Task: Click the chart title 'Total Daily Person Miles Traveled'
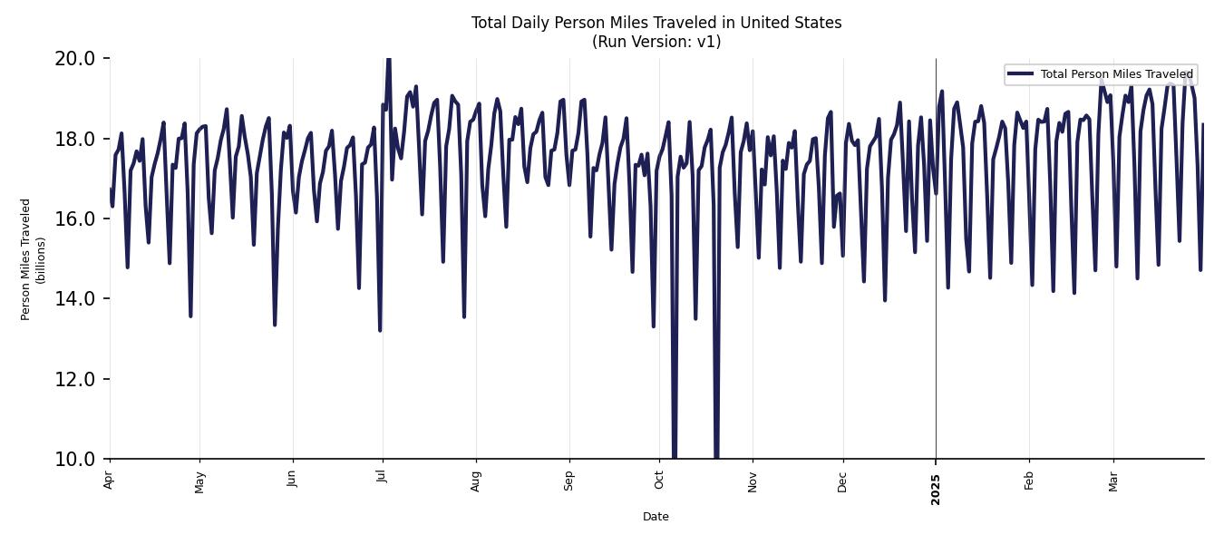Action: pos(656,23)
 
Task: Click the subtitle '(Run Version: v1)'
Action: pos(656,42)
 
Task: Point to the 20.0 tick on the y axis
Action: pos(74,59)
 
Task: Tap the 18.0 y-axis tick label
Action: pos(74,139)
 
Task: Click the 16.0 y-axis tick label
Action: pos(74,219)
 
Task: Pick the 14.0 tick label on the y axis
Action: pos(74,298)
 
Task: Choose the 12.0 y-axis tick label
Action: pos(74,379)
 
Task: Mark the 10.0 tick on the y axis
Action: pos(74,459)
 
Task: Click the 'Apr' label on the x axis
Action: pos(110,480)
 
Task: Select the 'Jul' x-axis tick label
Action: pos(382,478)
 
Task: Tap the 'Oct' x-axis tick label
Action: pos(659,480)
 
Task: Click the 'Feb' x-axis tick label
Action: pos(1029,481)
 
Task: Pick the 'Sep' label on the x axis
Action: pos(569,481)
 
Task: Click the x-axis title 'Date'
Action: pos(656,517)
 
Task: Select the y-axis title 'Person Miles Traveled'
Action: pos(26,259)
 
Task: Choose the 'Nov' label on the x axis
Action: pos(753,481)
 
